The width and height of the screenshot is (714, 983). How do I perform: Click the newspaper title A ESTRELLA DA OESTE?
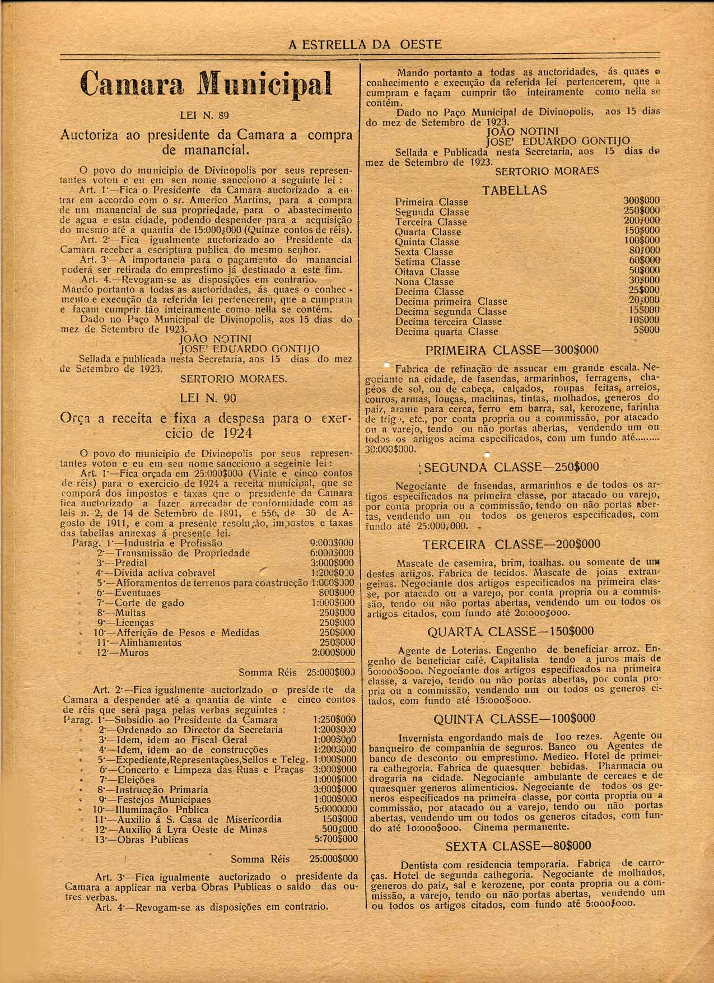pos(365,44)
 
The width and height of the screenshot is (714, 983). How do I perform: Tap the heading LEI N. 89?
pos(207,116)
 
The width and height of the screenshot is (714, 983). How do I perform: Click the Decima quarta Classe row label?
pos(446,332)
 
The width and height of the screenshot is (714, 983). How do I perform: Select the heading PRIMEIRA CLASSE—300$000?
pos(512,351)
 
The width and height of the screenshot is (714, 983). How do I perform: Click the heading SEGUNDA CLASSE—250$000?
pos(512,467)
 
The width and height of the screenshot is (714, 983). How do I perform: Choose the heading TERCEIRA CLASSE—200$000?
pos(511,544)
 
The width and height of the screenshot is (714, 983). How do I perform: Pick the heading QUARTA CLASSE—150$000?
pos(510,632)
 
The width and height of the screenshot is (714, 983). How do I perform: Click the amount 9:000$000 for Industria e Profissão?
pos(332,543)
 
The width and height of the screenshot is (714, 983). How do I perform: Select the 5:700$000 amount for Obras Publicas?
pos(336,839)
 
